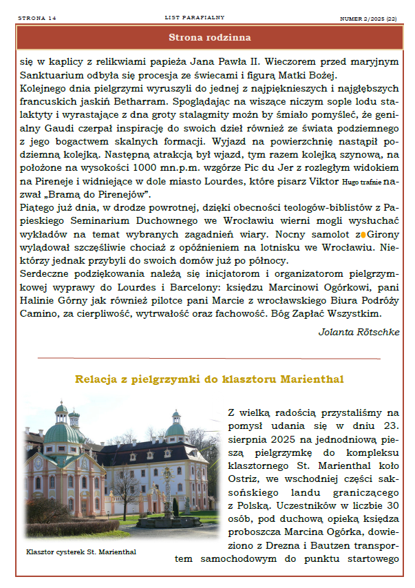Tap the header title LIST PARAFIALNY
pos(195,17)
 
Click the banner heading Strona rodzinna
pos(209,37)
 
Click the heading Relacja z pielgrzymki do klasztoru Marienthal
pos(209,379)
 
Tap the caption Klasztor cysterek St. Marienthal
pos(81,552)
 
